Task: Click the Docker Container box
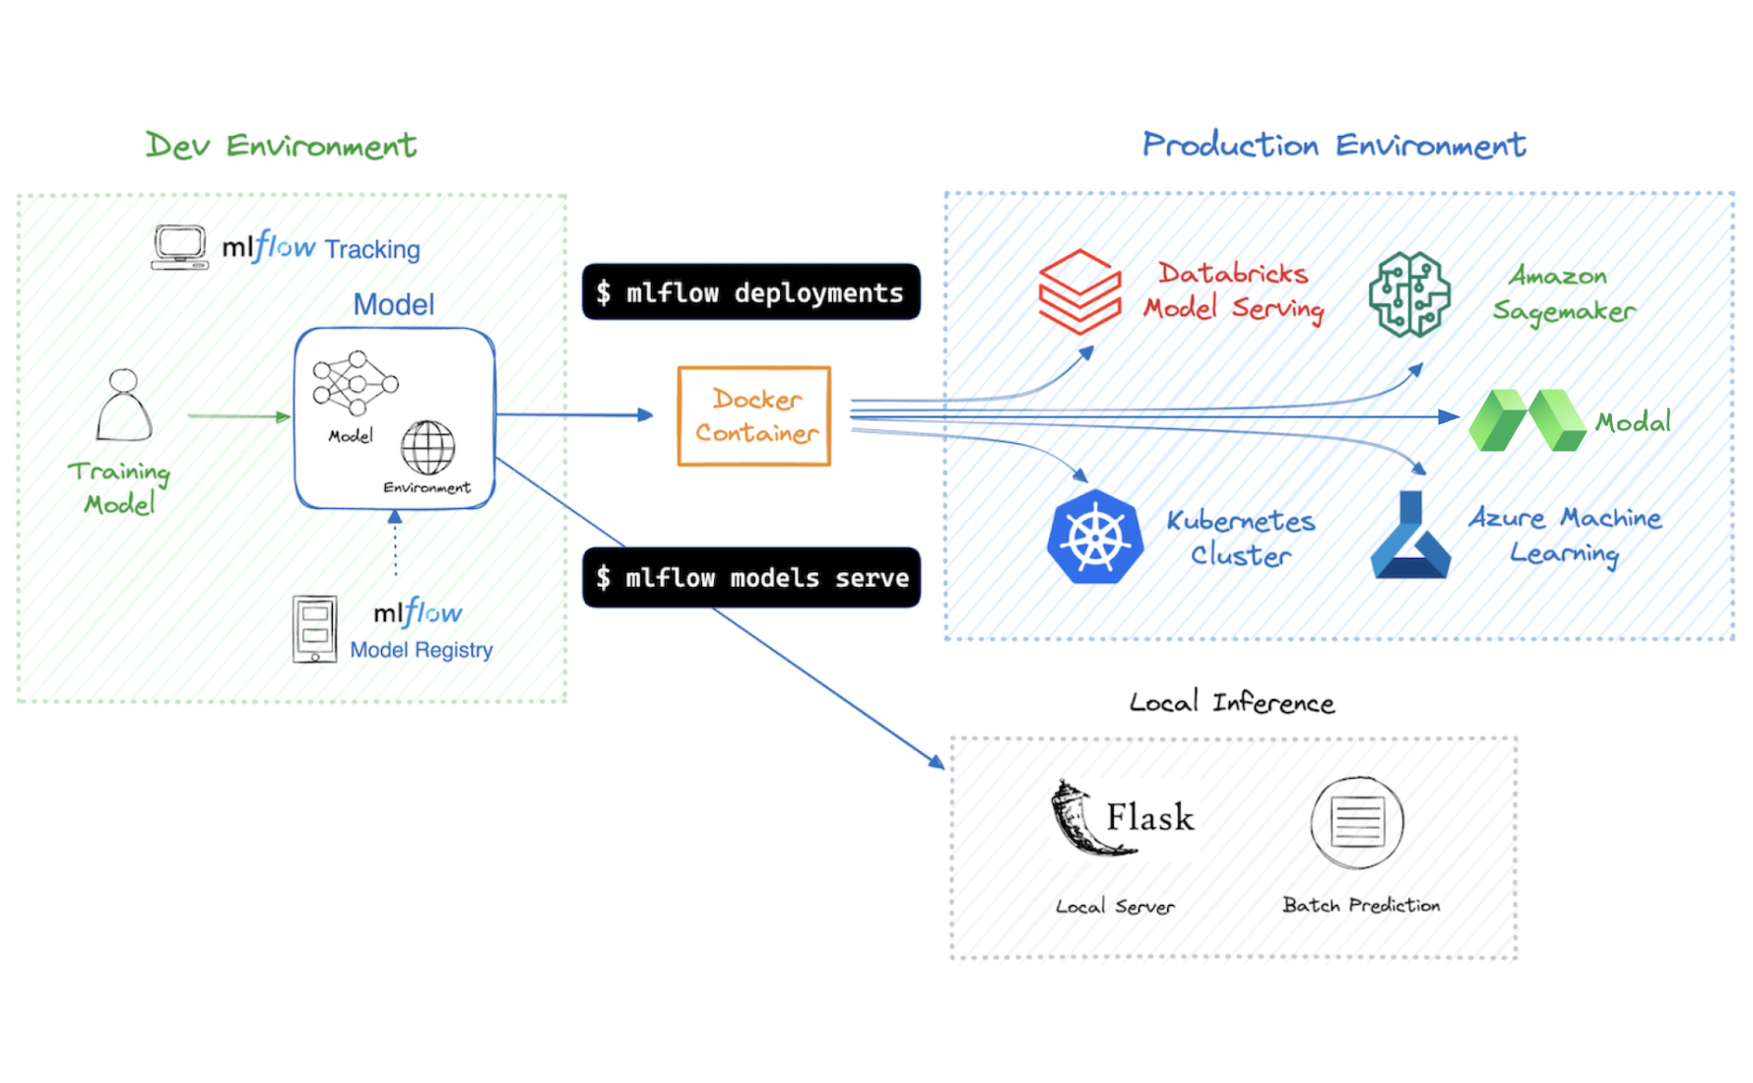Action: (x=753, y=415)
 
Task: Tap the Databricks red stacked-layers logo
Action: (x=1079, y=291)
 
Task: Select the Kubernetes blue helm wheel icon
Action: (x=1095, y=538)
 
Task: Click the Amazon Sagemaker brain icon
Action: (x=1409, y=293)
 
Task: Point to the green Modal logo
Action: (x=1526, y=420)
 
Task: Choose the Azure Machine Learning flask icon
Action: (x=1410, y=538)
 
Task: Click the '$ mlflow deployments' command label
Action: (x=750, y=292)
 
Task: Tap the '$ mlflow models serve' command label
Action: (x=751, y=578)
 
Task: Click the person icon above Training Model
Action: (x=124, y=406)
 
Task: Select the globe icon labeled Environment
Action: (x=427, y=448)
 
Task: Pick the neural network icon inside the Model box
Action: (x=355, y=383)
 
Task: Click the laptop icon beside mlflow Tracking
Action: (x=180, y=247)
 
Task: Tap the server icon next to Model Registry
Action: (x=315, y=628)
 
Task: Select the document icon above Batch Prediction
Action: (x=1357, y=822)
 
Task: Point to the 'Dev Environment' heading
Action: (x=281, y=146)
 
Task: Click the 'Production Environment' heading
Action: (x=1333, y=146)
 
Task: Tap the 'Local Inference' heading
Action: (x=1231, y=703)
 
